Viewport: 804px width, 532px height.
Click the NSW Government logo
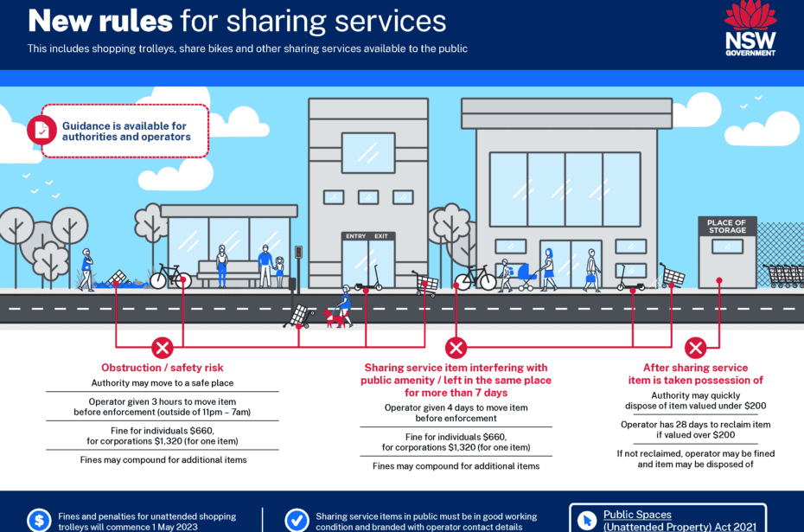[x=750, y=28]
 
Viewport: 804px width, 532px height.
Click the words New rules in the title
[x=100, y=21]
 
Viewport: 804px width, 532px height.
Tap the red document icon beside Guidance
[x=41, y=131]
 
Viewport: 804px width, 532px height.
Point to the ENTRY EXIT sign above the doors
[x=367, y=236]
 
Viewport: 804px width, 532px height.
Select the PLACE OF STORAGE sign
[x=726, y=227]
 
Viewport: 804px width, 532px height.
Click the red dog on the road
[x=334, y=317]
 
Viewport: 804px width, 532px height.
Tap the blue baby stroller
[x=526, y=277]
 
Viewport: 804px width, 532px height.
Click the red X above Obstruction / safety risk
[x=162, y=348]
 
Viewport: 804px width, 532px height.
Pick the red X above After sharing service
[x=695, y=348]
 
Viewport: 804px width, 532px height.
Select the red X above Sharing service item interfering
[x=456, y=348]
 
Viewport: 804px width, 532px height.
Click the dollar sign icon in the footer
[x=39, y=521]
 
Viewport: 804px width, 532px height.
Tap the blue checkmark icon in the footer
[x=297, y=521]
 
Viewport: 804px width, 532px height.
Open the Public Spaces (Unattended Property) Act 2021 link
[x=680, y=520]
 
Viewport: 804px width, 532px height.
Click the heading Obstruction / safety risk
[x=162, y=368]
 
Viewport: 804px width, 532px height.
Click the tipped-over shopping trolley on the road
[x=299, y=316]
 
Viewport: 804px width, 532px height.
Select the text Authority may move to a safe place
[x=162, y=382]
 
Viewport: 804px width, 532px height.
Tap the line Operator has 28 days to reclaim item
[x=695, y=424]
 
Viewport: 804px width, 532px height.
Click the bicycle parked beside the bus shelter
[x=171, y=276]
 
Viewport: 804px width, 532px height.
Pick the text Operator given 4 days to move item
[x=456, y=407]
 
